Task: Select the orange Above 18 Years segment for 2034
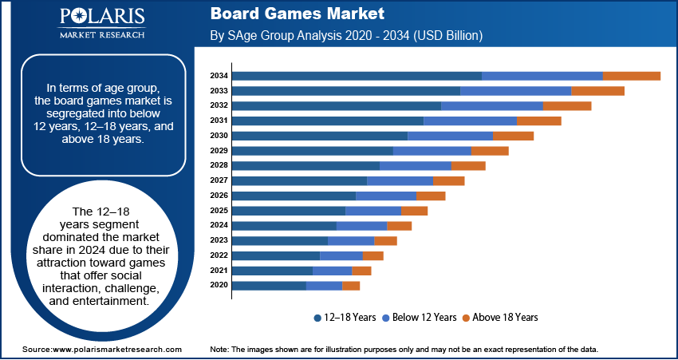[x=631, y=76]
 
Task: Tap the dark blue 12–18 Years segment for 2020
[x=269, y=285]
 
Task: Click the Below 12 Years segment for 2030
[x=450, y=136]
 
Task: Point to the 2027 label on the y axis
[x=219, y=180]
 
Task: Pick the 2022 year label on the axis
[x=219, y=255]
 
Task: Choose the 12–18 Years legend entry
[x=345, y=317]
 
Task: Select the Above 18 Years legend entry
[x=500, y=317]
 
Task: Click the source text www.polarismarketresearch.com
[x=102, y=350]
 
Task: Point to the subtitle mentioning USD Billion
[x=346, y=36]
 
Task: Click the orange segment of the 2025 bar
[x=414, y=211]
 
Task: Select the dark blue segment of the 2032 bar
[x=337, y=105]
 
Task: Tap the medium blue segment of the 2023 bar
[x=351, y=240]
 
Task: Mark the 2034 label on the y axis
[x=219, y=76]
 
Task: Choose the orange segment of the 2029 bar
[x=490, y=151]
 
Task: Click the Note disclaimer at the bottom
[x=404, y=350]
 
